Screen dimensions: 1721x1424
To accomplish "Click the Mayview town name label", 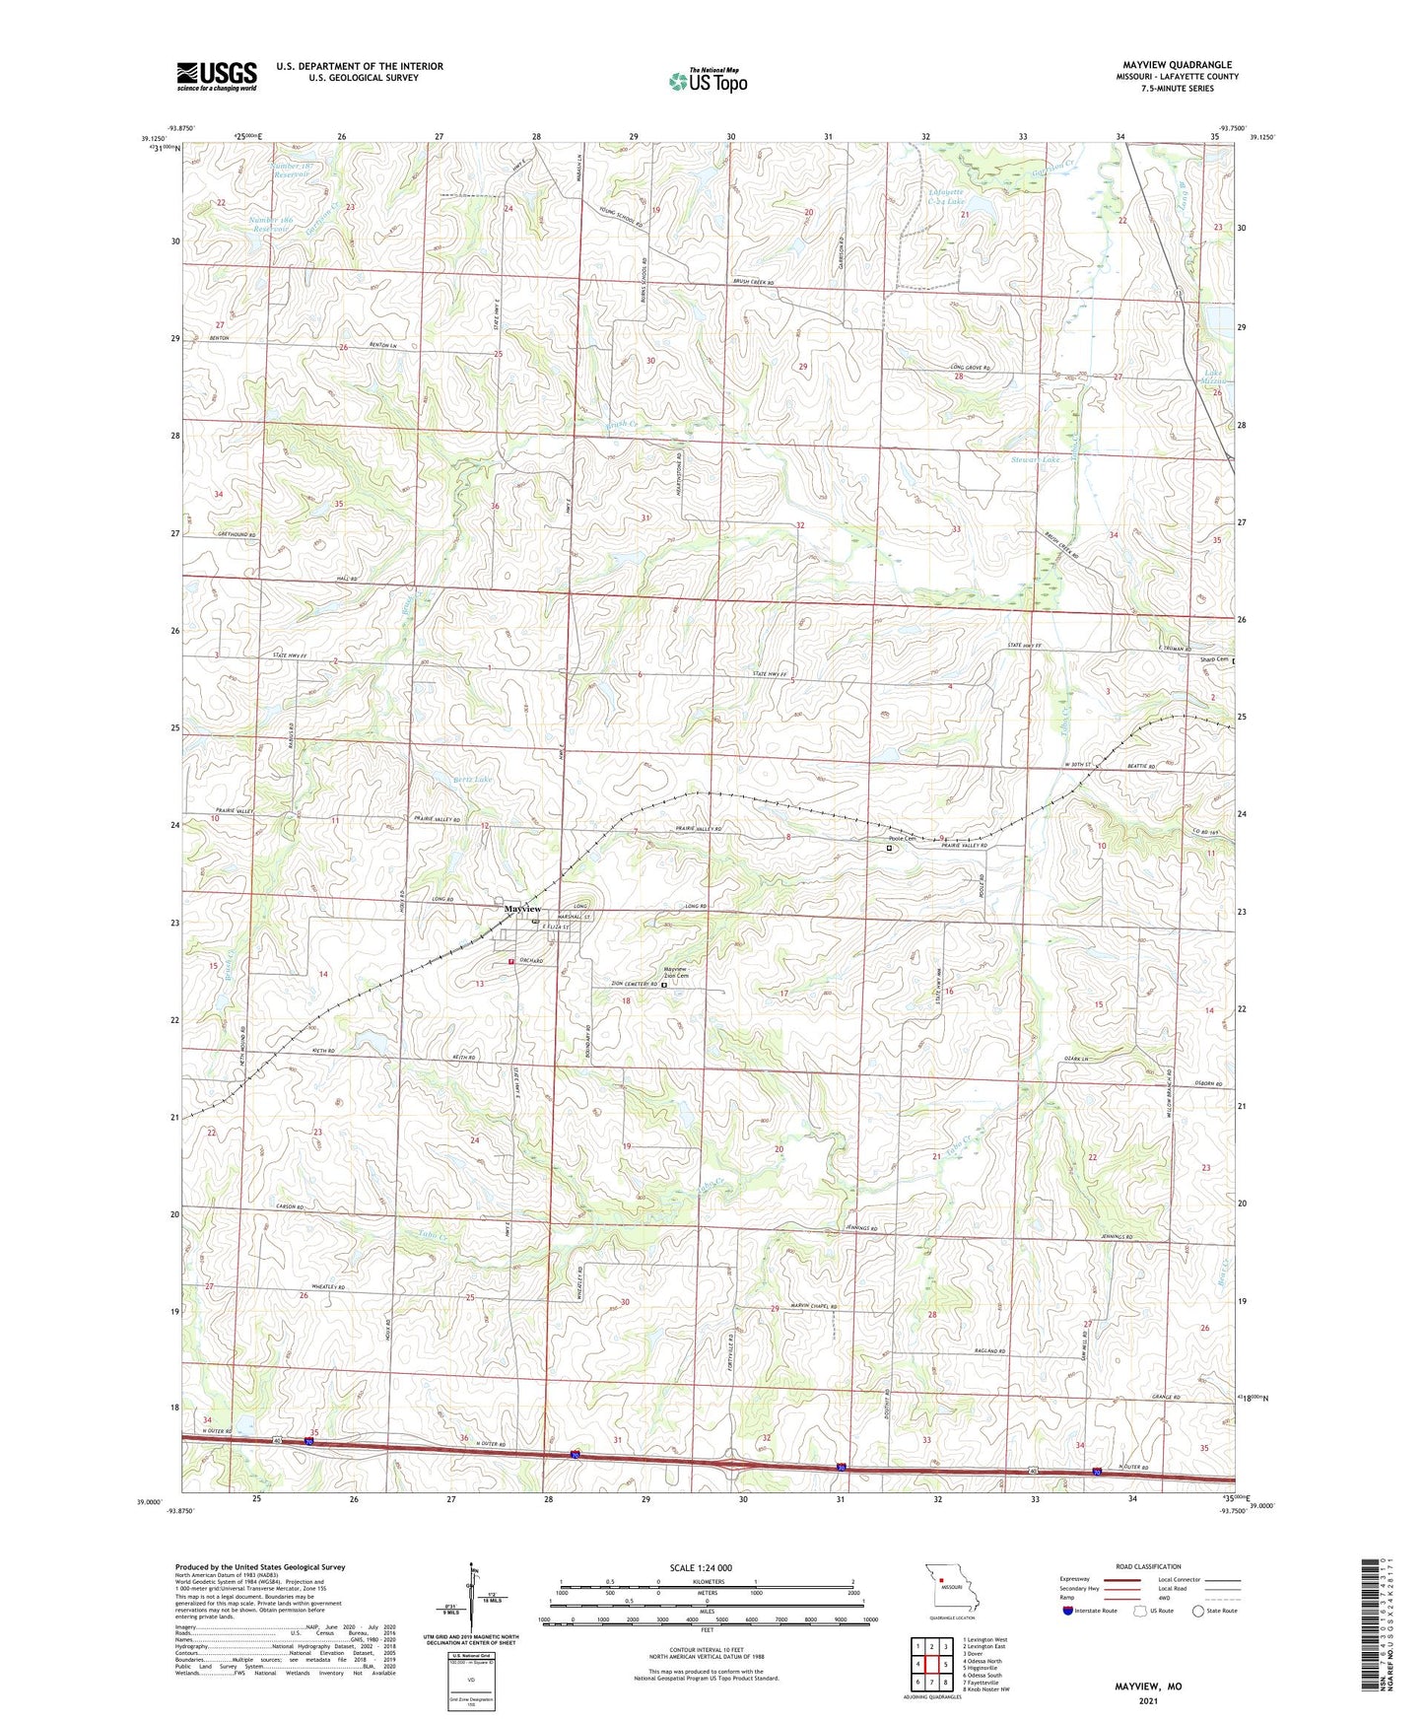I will (x=522, y=908).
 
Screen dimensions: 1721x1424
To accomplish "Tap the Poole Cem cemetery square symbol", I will (x=889, y=848).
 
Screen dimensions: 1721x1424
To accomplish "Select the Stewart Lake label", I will (x=1035, y=460).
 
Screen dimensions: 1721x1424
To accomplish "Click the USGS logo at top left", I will (x=217, y=76).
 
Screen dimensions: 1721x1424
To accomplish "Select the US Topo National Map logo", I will (x=708, y=80).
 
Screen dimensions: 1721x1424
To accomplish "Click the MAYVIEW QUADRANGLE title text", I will (x=1177, y=65).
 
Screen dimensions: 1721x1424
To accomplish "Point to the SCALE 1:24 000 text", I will (x=701, y=1568).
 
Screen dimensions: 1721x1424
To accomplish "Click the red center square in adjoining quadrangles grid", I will (x=931, y=1665).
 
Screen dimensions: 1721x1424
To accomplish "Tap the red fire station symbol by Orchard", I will (x=510, y=961).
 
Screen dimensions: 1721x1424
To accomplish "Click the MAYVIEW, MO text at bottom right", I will (x=1148, y=1687).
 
